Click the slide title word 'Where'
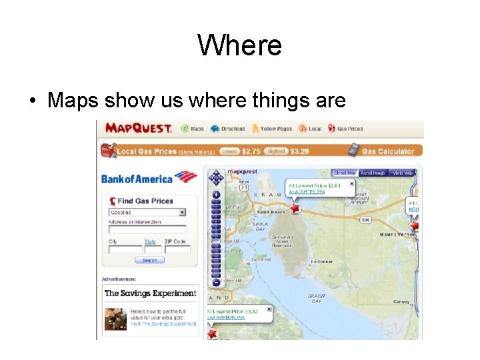[240, 46]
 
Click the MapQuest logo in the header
[138, 128]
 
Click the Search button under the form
[149, 260]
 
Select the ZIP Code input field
[177, 249]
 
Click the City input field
[125, 249]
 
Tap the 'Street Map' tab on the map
[345, 173]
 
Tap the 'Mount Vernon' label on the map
[397, 235]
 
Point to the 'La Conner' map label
[322, 262]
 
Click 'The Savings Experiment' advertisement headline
[150, 293]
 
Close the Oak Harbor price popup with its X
[269, 309]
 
